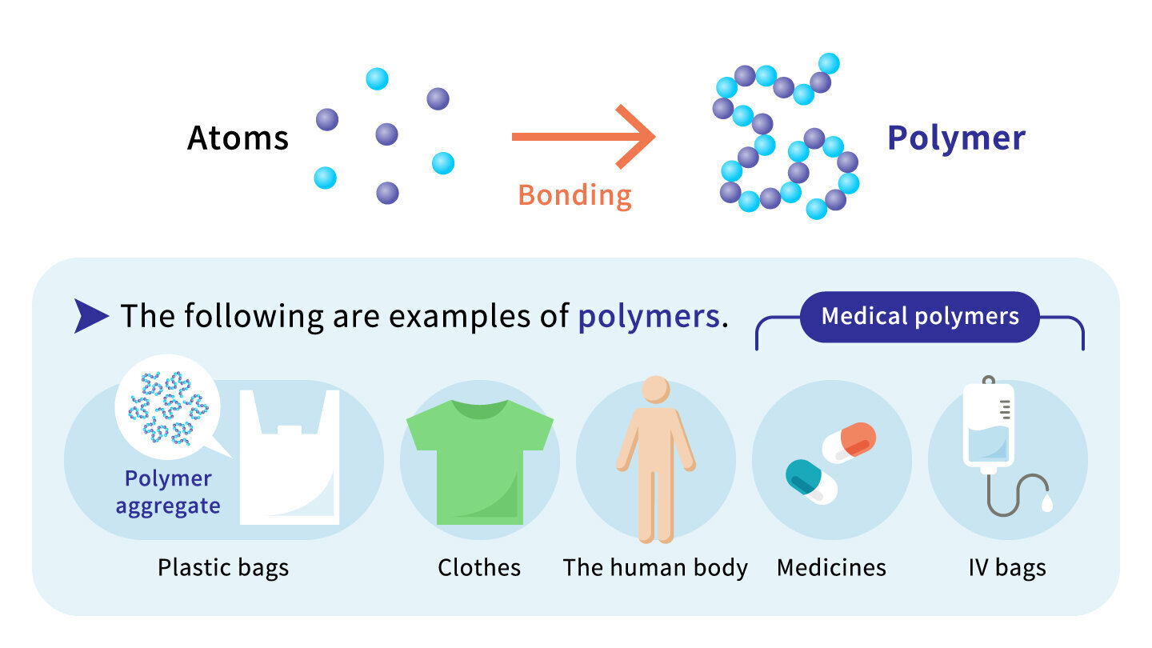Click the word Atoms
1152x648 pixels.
(238, 138)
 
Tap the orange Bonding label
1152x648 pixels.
(574, 195)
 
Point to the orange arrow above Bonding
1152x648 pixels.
(584, 137)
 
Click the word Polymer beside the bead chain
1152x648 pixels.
(957, 138)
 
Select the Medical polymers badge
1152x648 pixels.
(919, 316)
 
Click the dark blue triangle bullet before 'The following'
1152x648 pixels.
(91, 316)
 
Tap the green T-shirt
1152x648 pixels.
(480, 462)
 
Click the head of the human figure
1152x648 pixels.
(656, 390)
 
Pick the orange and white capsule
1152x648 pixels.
(849, 442)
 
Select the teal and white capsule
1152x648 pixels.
(811, 482)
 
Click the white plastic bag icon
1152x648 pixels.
(290, 458)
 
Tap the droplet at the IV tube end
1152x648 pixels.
(1046, 502)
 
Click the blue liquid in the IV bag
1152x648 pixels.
(988, 443)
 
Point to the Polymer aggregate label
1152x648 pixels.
(168, 493)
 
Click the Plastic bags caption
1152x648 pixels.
(223, 568)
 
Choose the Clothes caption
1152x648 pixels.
(479, 568)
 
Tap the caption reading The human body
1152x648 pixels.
(655, 568)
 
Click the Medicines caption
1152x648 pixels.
(832, 568)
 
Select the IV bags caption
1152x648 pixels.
(1007, 568)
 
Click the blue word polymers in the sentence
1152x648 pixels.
(649, 316)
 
